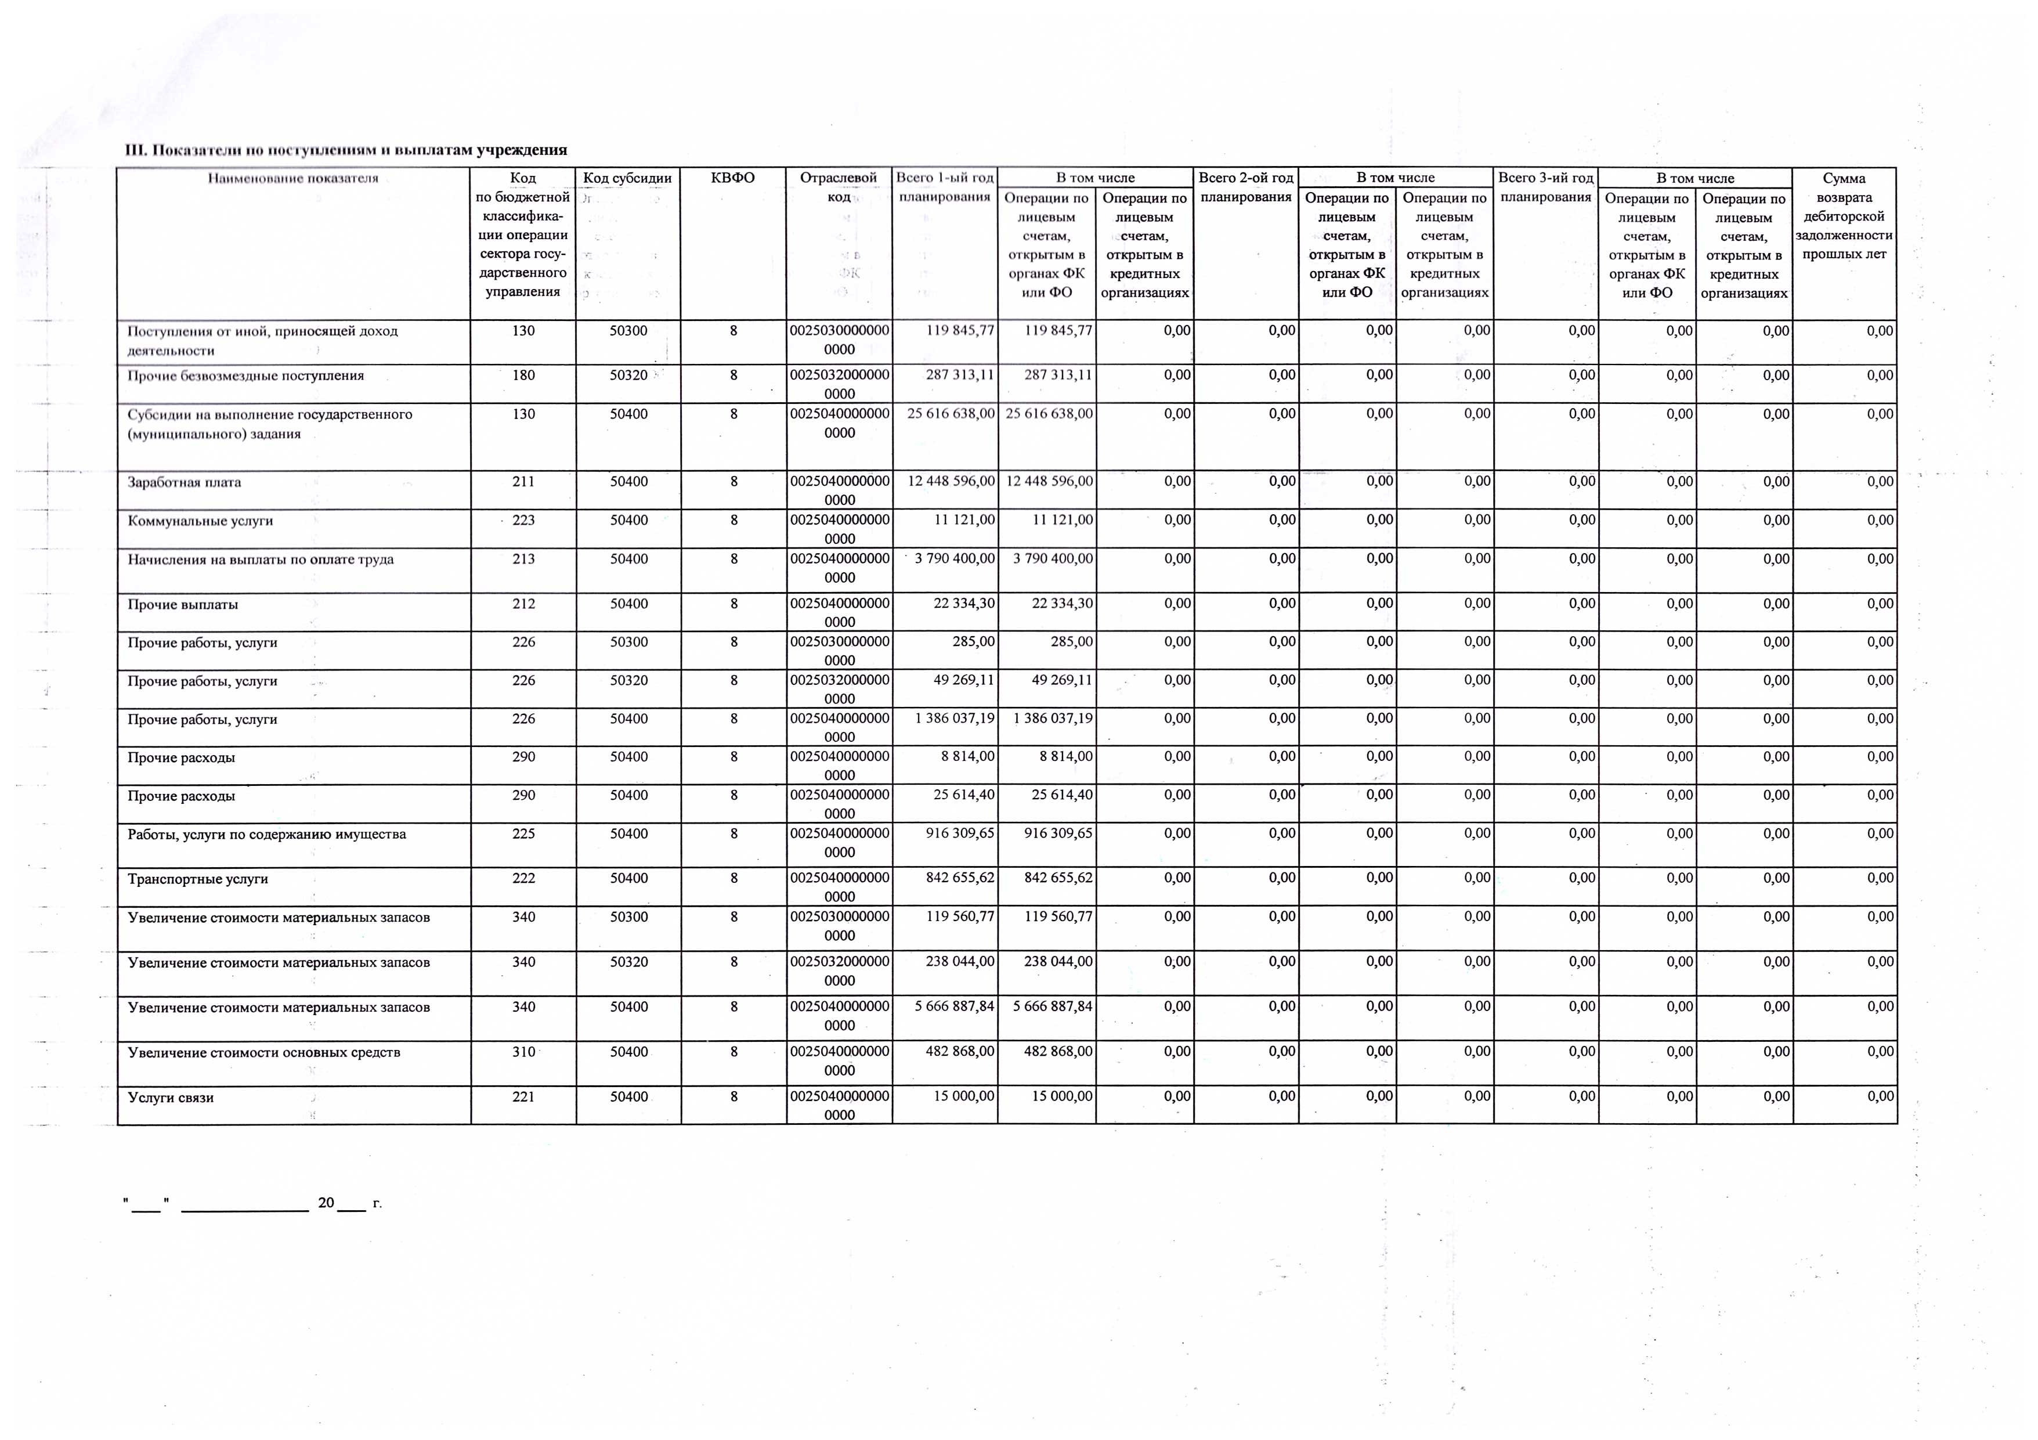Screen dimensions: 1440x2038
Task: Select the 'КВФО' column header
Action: click(x=733, y=178)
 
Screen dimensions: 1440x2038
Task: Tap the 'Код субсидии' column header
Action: click(x=627, y=178)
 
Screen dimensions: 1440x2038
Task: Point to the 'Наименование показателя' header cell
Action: click(x=293, y=178)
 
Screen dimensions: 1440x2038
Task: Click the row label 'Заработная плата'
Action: click(x=185, y=482)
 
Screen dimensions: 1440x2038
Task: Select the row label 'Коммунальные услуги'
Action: click(x=201, y=520)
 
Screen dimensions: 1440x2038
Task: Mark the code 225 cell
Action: click(x=523, y=833)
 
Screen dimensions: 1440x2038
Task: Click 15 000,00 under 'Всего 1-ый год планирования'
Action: click(x=963, y=1096)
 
